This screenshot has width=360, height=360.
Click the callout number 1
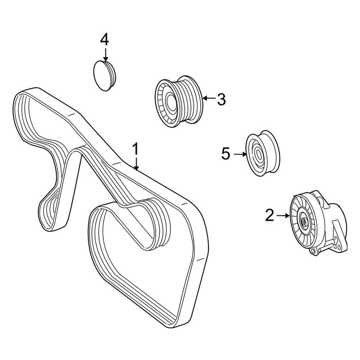(135, 149)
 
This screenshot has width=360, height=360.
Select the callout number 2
(270, 215)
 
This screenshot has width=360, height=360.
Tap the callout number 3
(221, 99)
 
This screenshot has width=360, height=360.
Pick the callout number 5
(226, 154)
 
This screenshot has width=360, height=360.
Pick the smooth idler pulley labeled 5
(262, 153)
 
